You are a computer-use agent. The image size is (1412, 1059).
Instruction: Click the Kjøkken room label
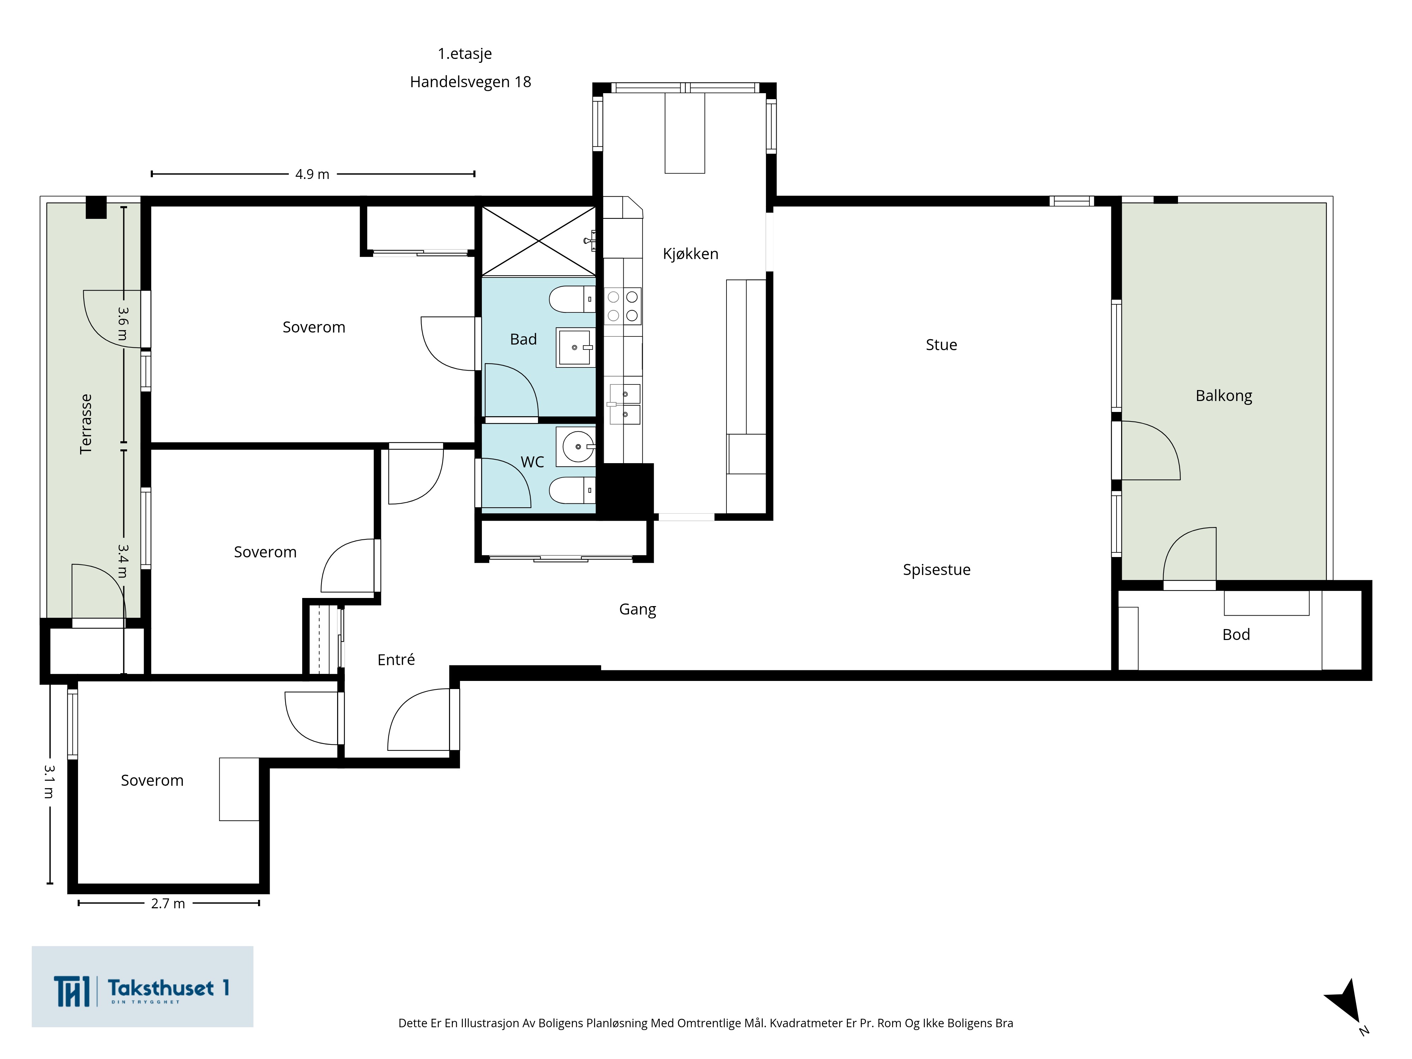690,254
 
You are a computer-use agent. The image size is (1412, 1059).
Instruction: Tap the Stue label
941,345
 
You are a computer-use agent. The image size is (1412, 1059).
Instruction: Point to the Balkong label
1224,396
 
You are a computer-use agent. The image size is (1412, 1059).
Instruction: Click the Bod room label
1236,634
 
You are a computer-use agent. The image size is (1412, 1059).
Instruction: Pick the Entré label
396,659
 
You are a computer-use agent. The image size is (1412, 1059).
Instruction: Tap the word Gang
637,610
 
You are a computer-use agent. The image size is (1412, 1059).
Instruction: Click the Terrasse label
85,424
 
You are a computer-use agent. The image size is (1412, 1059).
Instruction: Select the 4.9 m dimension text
312,174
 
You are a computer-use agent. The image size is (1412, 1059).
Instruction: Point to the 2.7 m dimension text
168,903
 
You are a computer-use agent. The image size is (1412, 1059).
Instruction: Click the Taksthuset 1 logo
142,986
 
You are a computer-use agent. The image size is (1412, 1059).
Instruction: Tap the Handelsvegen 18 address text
471,82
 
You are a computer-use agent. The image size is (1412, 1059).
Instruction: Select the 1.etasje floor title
465,54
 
